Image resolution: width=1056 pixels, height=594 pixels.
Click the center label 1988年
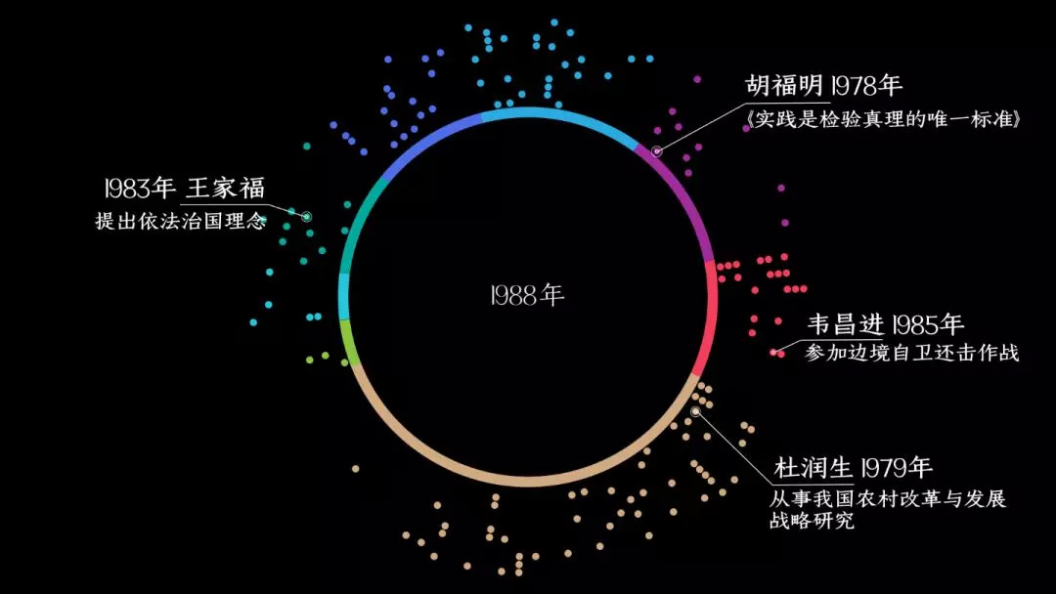point(527,295)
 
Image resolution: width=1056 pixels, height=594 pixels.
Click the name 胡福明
point(784,85)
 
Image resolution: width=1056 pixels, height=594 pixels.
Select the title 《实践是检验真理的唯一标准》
point(883,119)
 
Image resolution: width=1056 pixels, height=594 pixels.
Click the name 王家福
point(226,188)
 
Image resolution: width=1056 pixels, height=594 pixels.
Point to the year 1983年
point(140,188)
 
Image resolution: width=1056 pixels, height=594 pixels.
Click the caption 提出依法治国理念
point(181,221)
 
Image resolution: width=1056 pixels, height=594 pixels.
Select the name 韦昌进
point(845,324)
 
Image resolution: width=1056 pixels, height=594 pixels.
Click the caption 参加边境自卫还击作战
point(912,353)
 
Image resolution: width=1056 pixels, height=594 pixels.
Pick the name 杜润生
point(814,468)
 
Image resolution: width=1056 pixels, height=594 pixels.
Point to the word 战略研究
point(812,520)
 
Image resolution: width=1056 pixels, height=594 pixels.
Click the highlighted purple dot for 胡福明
point(657,151)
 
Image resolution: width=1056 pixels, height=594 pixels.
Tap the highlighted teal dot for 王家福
point(306,217)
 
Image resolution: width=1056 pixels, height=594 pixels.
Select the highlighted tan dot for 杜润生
point(696,411)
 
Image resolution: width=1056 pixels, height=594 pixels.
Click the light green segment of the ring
point(347,342)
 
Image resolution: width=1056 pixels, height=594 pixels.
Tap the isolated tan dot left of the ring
point(356,468)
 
